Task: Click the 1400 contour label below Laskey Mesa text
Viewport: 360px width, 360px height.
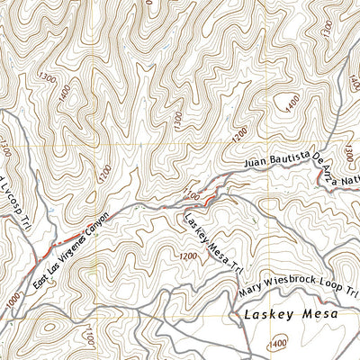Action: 278,343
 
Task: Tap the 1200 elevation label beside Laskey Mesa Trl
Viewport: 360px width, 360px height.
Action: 187,256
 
